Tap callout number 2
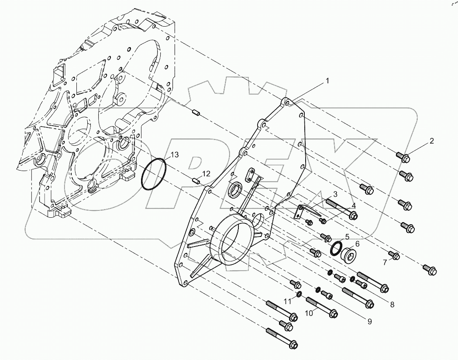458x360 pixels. point(431,141)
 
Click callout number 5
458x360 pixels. point(347,237)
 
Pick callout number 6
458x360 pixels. point(357,244)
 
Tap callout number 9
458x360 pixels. point(369,322)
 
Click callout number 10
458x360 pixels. point(308,312)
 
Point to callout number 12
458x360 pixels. point(206,173)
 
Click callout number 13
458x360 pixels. point(174,155)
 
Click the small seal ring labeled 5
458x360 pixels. point(336,249)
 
